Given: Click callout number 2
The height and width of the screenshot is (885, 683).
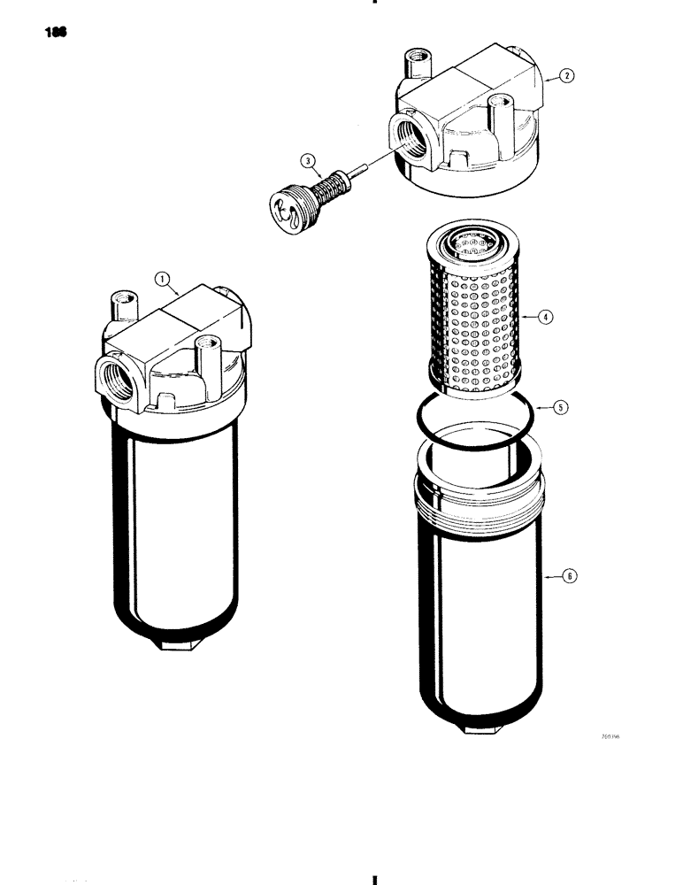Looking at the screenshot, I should pyautogui.click(x=567, y=77).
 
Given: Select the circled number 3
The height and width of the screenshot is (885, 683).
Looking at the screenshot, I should pyautogui.click(x=308, y=161).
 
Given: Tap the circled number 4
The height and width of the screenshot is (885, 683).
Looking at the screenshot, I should pyautogui.click(x=546, y=317).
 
